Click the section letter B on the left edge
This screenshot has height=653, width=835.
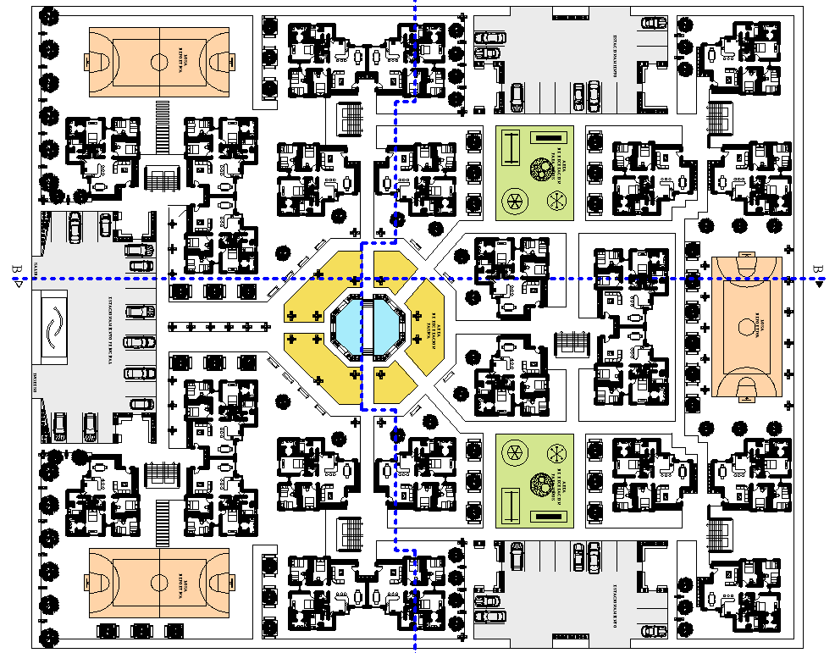[16, 269]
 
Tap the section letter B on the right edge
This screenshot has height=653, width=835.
[817, 269]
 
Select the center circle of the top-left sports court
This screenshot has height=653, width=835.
[158, 61]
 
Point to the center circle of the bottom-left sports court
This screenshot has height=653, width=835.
[158, 582]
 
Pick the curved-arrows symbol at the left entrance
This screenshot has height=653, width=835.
[53, 326]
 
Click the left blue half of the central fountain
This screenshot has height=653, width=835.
[350, 326]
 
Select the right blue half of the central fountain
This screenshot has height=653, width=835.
[390, 326]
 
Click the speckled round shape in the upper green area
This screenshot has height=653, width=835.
[537, 169]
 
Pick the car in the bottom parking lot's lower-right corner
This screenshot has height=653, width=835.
[653, 631]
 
